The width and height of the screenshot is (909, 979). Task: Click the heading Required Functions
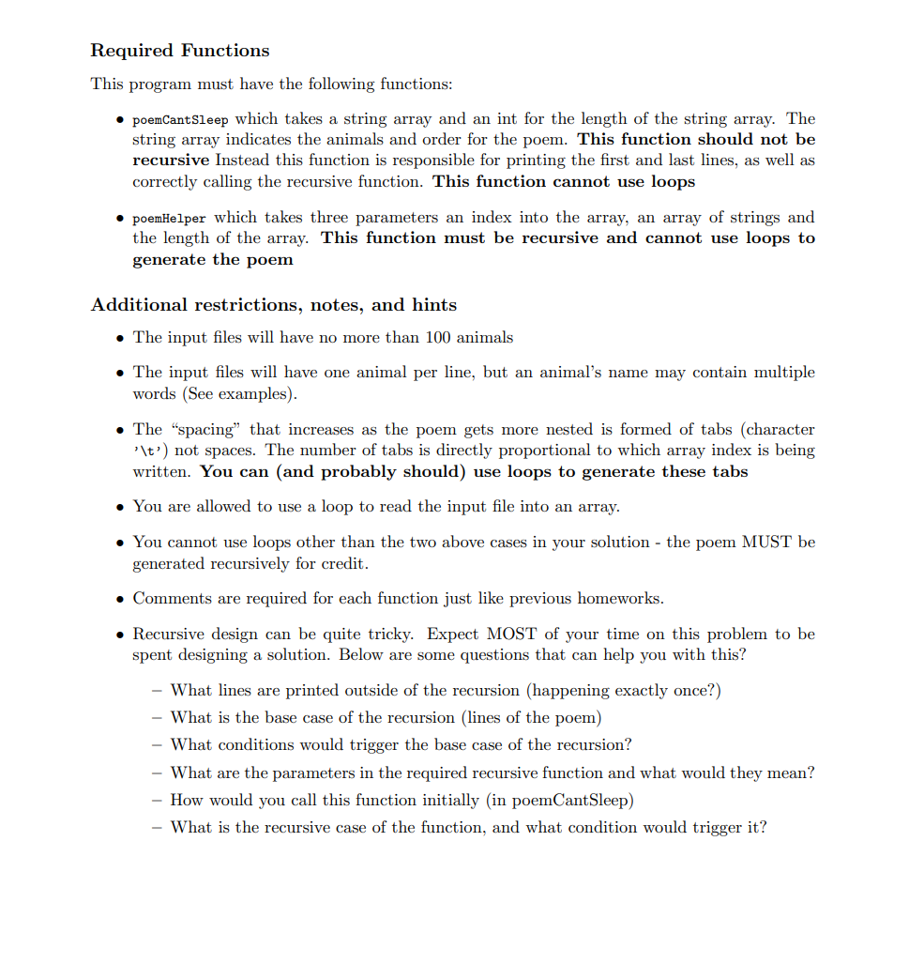(x=179, y=51)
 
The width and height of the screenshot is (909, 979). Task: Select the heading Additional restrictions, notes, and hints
(x=273, y=305)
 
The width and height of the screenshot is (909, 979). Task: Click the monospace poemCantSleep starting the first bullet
(x=181, y=119)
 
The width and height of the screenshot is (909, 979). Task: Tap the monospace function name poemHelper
(x=169, y=218)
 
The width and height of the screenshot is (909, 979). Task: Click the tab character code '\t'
(x=150, y=451)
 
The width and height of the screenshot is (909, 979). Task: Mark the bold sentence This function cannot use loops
(x=564, y=181)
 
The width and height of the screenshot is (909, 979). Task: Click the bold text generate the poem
(x=212, y=259)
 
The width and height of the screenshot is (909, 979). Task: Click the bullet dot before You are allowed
(x=121, y=507)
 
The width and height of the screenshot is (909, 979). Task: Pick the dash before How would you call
(x=157, y=800)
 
